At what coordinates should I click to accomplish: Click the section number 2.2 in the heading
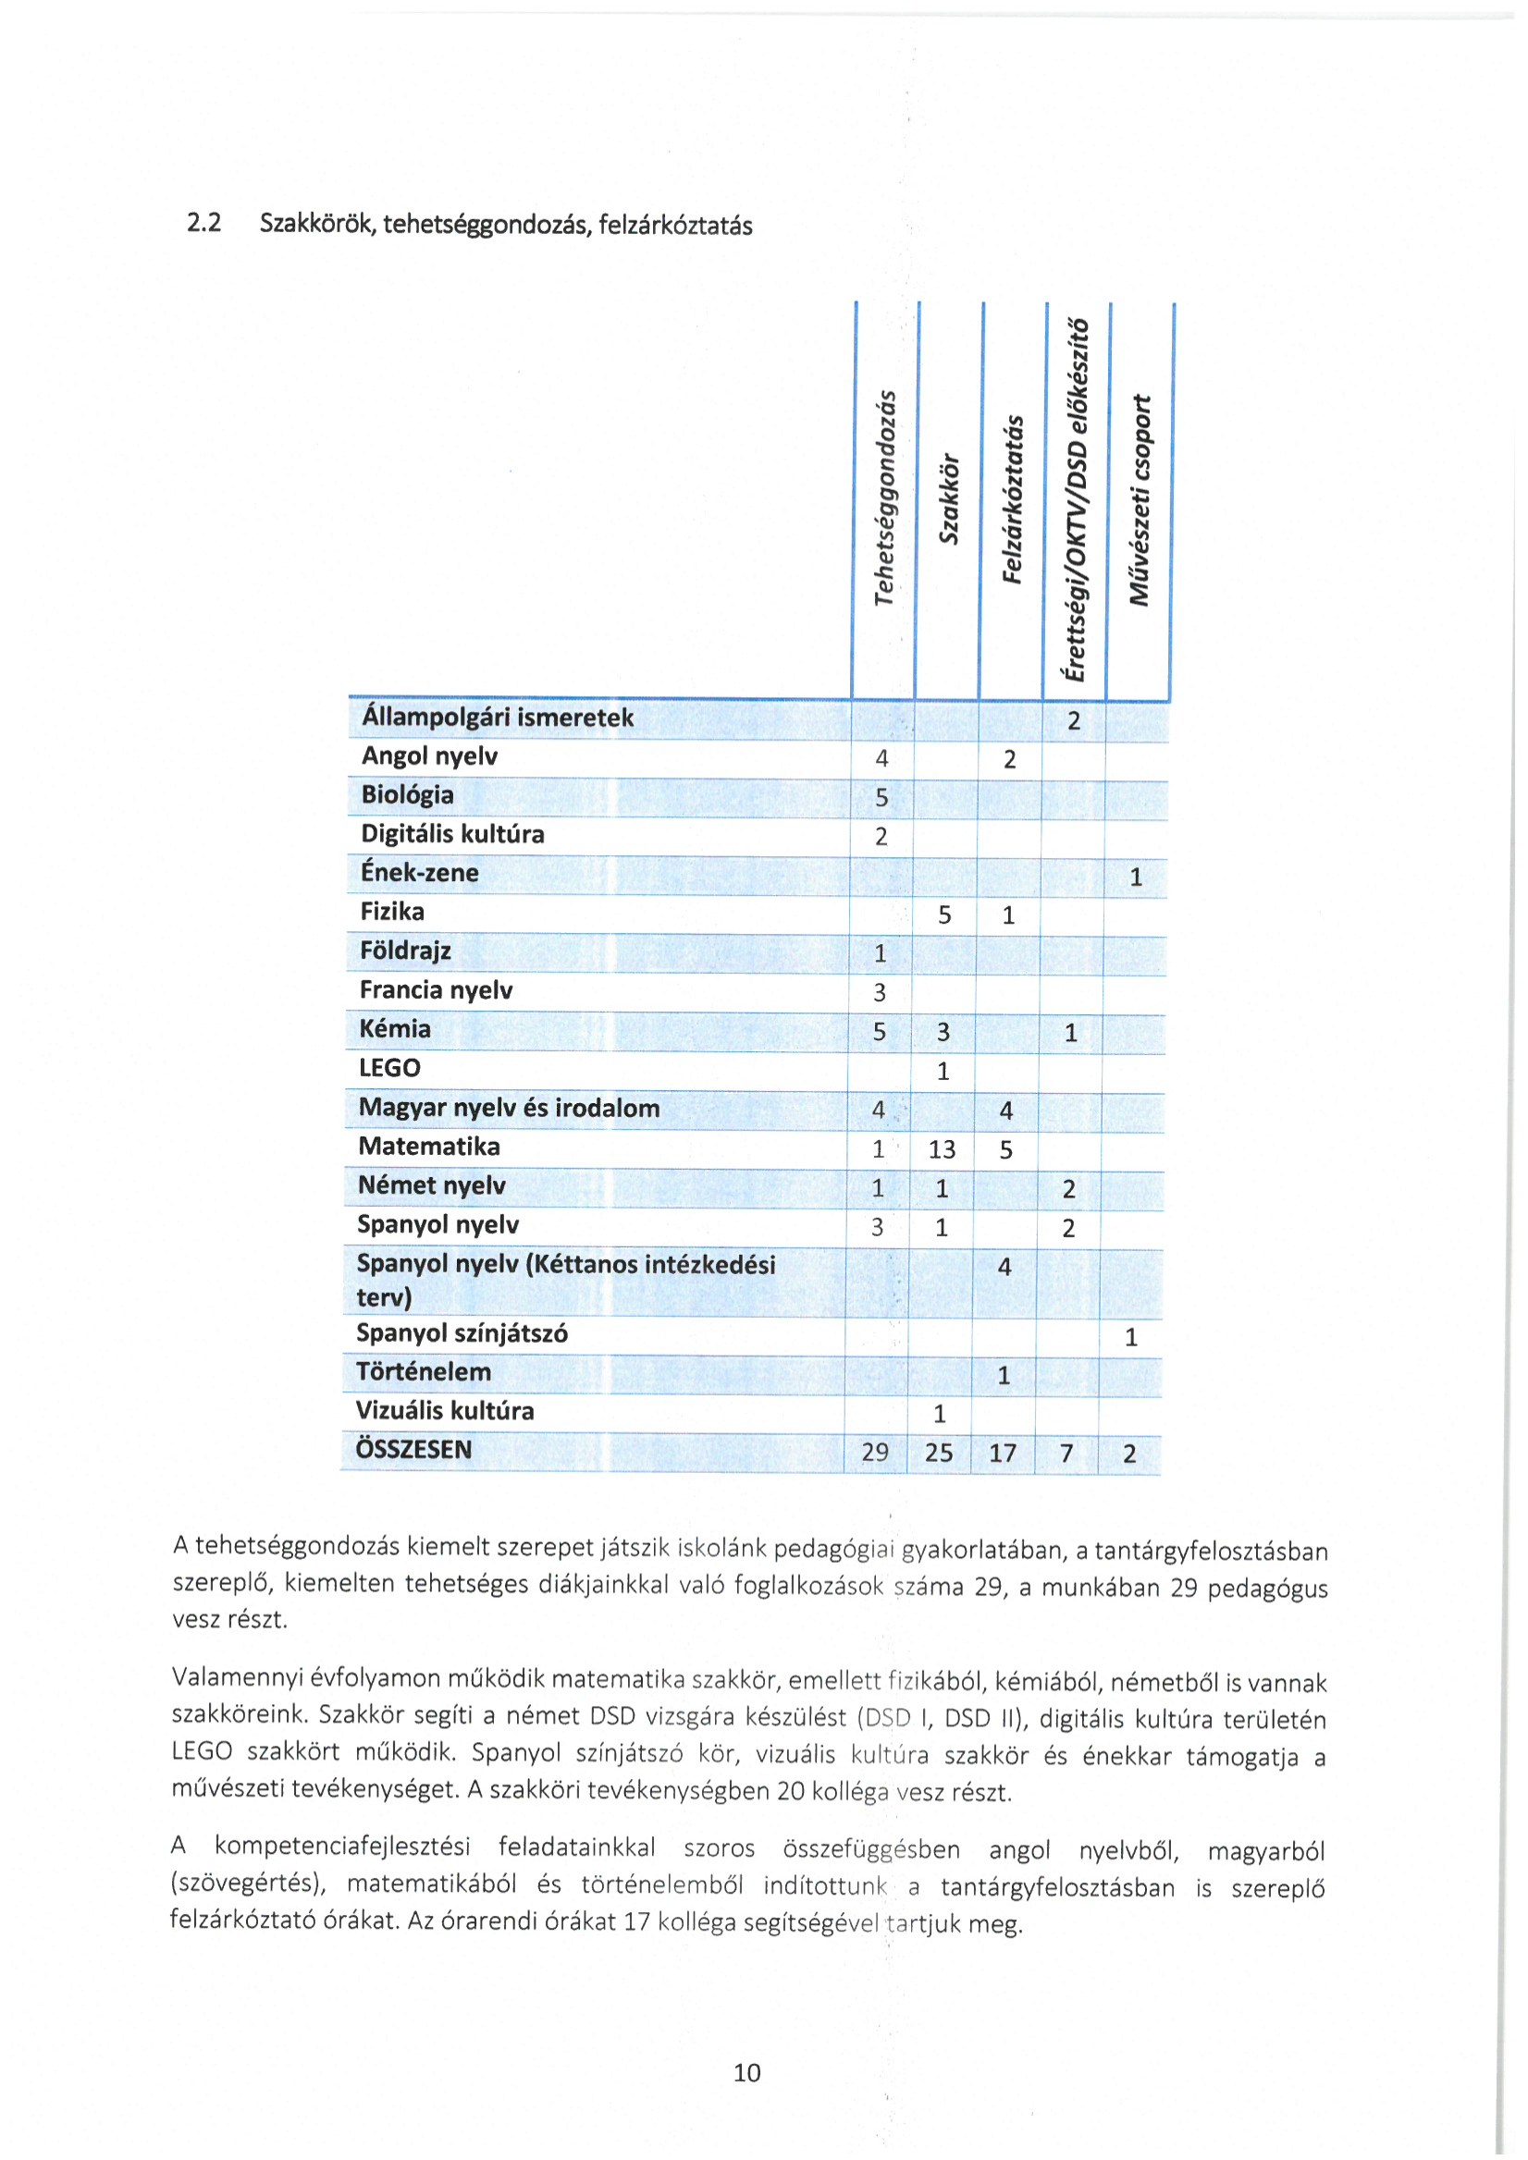point(204,223)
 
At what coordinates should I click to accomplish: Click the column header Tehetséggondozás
point(883,497)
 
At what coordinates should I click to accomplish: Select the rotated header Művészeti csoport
point(1140,500)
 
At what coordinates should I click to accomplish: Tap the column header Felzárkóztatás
point(1012,499)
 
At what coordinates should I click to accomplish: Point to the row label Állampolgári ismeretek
point(497,718)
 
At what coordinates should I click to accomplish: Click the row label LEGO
point(389,1068)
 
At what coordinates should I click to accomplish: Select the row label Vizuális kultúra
point(444,1410)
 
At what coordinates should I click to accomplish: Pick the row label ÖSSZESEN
point(413,1449)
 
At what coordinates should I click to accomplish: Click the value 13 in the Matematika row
point(941,1149)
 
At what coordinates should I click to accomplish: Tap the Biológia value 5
point(881,798)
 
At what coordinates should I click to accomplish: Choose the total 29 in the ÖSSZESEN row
point(875,1453)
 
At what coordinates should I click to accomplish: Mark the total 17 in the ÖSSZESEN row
point(1002,1454)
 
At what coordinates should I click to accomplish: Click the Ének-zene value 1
point(1136,877)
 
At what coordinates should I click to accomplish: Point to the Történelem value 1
point(1003,1375)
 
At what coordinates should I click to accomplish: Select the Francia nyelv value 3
point(880,992)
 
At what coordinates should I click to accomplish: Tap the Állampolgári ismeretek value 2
point(1074,721)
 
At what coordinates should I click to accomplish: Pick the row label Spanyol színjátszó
point(461,1333)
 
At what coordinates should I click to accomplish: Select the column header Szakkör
point(949,499)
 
